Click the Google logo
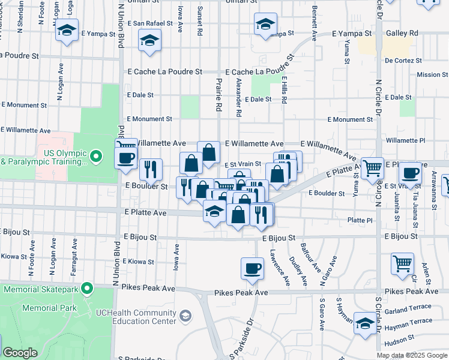click(20, 353)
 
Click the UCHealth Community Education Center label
click(137, 316)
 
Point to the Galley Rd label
click(406, 33)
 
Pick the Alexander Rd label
click(238, 97)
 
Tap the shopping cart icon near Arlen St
click(402, 263)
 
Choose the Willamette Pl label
click(406, 140)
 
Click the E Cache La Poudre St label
click(164, 71)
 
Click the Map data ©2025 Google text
click(412, 355)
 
